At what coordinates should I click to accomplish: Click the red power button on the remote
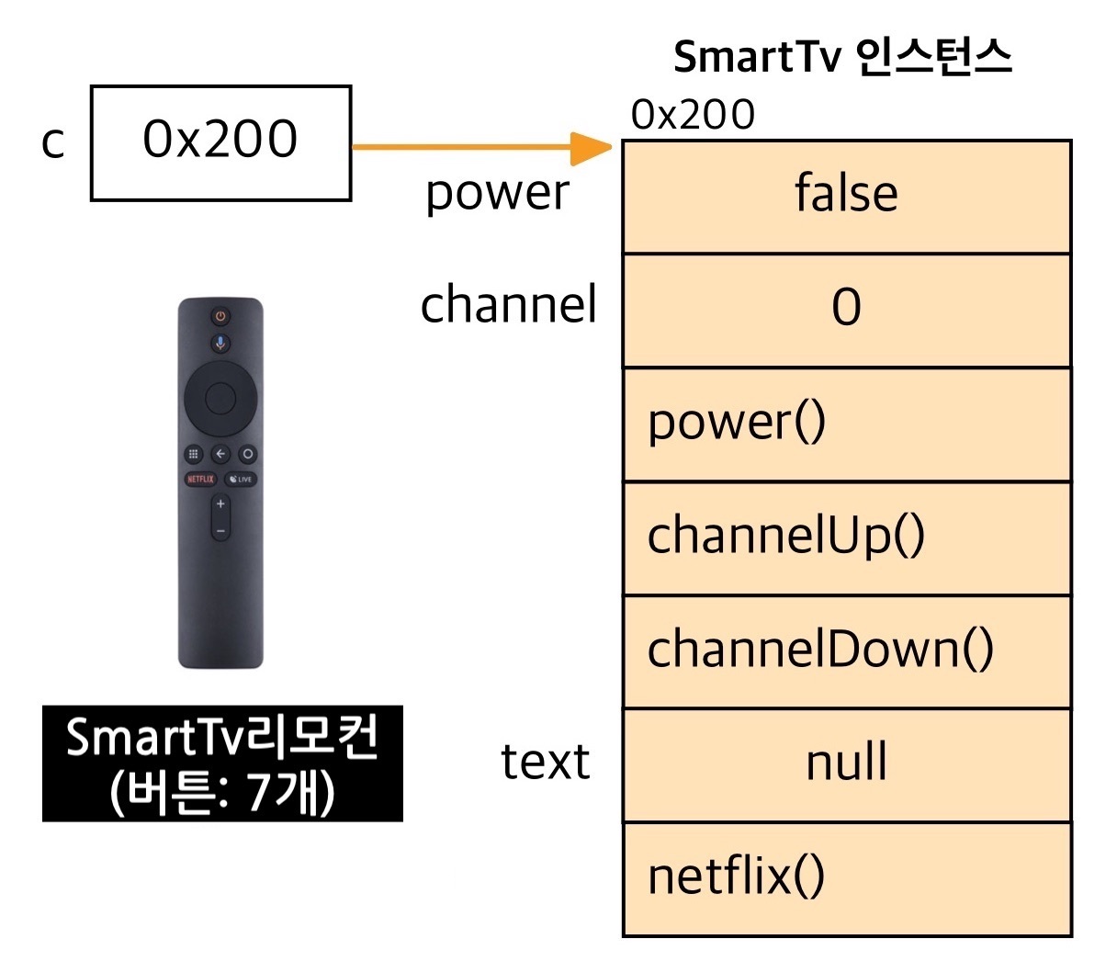pyautogui.click(x=220, y=317)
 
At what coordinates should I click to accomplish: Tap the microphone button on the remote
pyautogui.click(x=220, y=344)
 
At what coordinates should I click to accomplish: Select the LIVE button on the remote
pyautogui.click(x=241, y=479)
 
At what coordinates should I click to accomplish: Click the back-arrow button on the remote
pyautogui.click(x=220, y=454)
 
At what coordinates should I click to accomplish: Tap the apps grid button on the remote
pyautogui.click(x=193, y=454)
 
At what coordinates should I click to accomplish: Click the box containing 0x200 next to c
pyautogui.click(x=220, y=142)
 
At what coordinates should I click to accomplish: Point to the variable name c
pyautogui.click(x=53, y=142)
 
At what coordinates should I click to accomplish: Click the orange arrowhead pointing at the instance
pyautogui.click(x=592, y=147)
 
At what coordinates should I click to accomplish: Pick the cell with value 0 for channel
pyautogui.click(x=846, y=310)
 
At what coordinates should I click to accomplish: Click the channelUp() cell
pyautogui.click(x=846, y=537)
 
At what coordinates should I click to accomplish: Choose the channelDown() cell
pyautogui.click(x=846, y=651)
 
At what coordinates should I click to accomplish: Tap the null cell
pyautogui.click(x=846, y=764)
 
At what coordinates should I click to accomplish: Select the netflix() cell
pyautogui.click(x=846, y=878)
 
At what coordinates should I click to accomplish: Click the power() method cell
pyautogui.click(x=846, y=424)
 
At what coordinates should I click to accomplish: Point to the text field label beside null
pyautogui.click(x=545, y=763)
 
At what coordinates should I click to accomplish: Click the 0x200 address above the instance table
pyautogui.click(x=693, y=116)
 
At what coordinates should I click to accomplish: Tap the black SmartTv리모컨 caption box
pyautogui.click(x=222, y=764)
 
